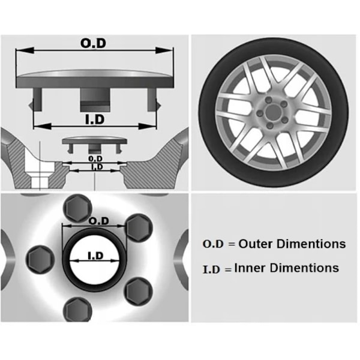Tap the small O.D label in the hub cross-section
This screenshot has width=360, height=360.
tap(94, 158)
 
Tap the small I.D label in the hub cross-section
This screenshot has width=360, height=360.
tap(95, 166)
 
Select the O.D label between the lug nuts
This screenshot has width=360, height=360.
tap(98, 221)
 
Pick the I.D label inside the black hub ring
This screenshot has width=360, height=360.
tap(95, 256)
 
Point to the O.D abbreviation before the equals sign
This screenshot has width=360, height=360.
tap(212, 245)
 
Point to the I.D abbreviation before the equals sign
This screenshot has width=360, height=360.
tap(212, 269)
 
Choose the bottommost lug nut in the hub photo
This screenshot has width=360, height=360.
tap(78, 310)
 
